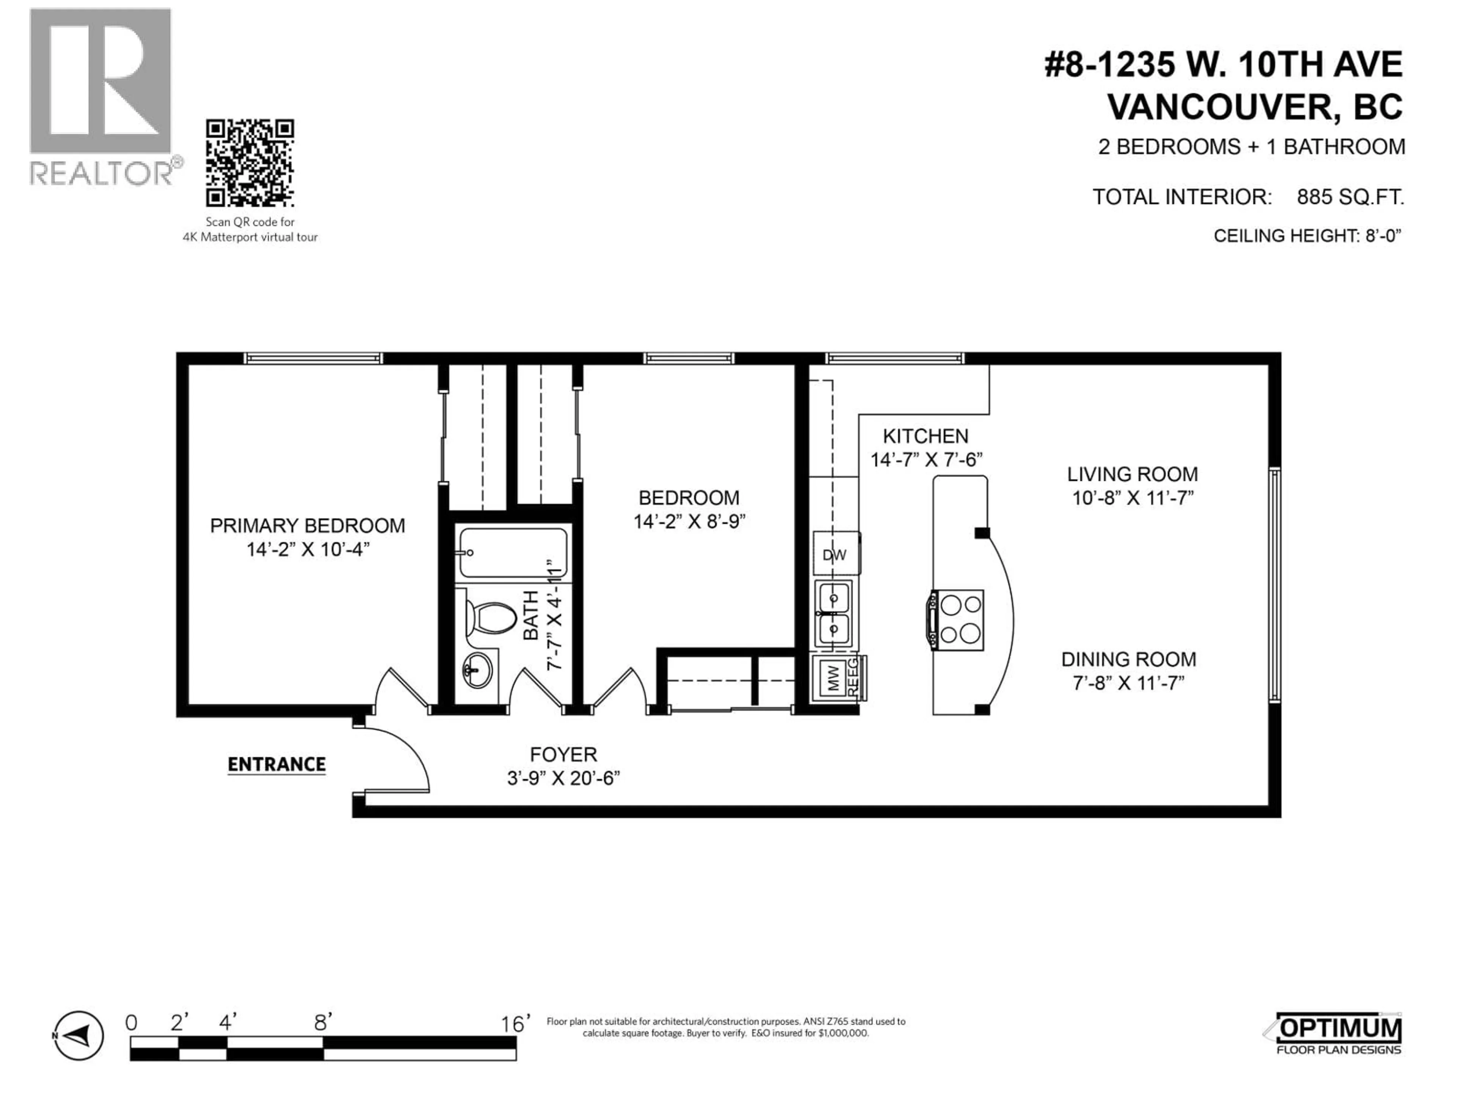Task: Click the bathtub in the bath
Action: tap(513, 552)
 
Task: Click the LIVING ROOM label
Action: tap(1132, 474)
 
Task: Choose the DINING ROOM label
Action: tap(1128, 660)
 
